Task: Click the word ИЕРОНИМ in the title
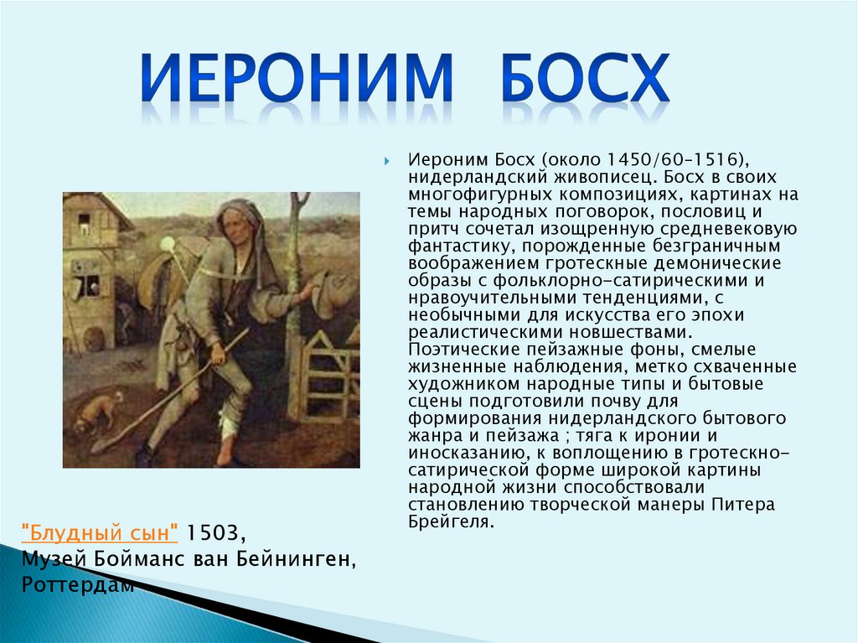297,77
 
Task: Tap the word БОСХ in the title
585,77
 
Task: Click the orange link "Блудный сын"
99,532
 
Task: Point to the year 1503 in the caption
213,532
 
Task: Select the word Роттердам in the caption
78,584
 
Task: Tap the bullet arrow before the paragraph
387,161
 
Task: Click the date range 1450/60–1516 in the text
673,159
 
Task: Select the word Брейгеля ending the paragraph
451,521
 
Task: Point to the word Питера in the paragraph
743,504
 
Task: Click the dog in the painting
99,411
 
